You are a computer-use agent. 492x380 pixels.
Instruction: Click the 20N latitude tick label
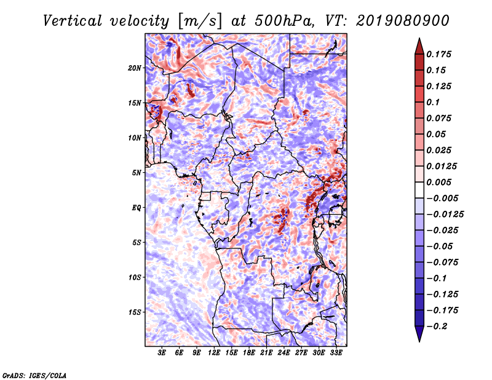click(135, 68)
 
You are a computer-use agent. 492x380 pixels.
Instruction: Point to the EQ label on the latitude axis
click(137, 208)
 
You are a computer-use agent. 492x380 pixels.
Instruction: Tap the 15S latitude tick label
click(135, 312)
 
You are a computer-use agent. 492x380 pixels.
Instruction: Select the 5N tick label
click(137, 173)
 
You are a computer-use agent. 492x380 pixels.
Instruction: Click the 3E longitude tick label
click(162, 352)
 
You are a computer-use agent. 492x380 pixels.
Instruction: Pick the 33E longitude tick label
click(336, 352)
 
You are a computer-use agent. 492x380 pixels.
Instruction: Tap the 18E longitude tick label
click(249, 352)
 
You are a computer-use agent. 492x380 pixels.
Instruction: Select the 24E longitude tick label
click(284, 352)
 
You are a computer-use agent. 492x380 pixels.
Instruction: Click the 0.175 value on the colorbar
click(438, 54)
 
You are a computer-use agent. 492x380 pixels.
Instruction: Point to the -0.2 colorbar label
click(437, 327)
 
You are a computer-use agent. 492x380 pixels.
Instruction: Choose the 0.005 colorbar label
click(438, 182)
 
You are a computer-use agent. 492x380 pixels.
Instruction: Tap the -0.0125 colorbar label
click(445, 215)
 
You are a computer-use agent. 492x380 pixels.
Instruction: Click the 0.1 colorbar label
click(433, 102)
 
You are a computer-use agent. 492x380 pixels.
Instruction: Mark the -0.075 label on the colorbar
click(442, 263)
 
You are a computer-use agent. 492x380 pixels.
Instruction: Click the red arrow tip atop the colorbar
click(419, 39)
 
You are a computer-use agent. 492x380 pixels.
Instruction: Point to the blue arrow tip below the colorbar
click(419, 341)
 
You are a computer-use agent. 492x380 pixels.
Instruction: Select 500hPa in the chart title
click(284, 21)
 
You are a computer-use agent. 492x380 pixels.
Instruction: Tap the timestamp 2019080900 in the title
click(403, 21)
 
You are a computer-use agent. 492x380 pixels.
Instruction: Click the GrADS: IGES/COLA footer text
click(34, 375)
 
